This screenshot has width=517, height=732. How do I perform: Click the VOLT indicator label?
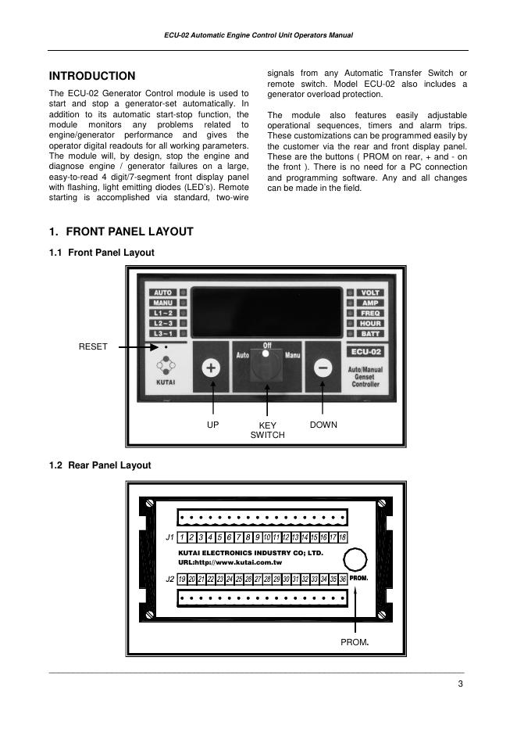click(369, 292)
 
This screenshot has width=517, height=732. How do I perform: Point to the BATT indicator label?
click(369, 334)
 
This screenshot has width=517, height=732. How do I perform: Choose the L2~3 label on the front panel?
click(163, 323)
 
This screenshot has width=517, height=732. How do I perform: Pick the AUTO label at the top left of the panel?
click(163, 292)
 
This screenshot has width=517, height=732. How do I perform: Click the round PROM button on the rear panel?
click(356, 560)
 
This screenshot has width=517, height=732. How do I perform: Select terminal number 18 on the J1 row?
click(342, 538)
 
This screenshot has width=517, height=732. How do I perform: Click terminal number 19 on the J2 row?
click(182, 579)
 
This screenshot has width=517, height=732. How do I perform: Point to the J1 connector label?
click(169, 538)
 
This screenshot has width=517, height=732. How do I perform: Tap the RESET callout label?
click(93, 346)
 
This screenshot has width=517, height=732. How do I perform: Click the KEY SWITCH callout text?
click(267, 430)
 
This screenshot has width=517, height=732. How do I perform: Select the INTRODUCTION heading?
click(92, 76)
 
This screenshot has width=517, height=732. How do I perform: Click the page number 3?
click(461, 685)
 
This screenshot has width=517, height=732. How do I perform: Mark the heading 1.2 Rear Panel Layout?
click(100, 465)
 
